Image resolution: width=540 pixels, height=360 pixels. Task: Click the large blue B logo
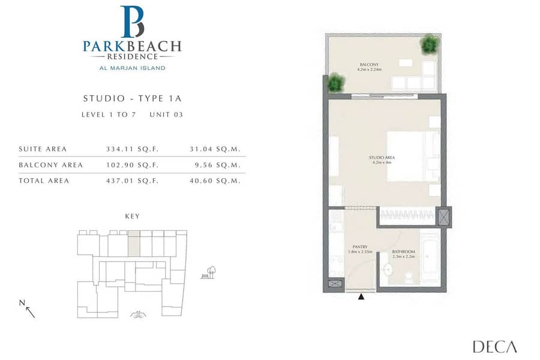click(132, 22)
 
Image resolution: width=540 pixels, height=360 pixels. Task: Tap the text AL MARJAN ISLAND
click(132, 68)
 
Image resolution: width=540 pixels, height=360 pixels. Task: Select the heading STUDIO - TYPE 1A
click(132, 98)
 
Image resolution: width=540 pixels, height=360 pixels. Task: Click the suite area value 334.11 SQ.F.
click(132, 149)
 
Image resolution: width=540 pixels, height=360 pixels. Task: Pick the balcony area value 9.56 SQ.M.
click(218, 164)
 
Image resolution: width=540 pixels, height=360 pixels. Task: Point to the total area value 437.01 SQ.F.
click(132, 181)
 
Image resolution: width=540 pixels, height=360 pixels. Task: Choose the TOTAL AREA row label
click(44, 181)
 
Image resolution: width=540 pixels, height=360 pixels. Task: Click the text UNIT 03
click(166, 115)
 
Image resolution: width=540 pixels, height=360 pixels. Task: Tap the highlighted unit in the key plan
click(134, 244)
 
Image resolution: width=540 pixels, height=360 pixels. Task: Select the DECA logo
click(495, 347)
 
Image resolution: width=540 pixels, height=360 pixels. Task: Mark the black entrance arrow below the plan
click(361, 296)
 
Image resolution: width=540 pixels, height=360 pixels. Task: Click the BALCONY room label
click(369, 64)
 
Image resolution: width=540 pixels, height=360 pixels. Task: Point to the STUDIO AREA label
click(382, 157)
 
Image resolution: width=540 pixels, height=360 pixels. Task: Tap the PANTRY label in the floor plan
click(360, 247)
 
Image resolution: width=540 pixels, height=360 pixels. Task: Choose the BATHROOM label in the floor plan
click(403, 251)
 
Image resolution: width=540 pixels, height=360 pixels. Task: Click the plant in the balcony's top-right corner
click(430, 44)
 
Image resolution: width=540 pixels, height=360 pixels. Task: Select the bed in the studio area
click(413, 156)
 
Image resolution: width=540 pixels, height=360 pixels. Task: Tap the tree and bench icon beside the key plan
click(208, 272)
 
